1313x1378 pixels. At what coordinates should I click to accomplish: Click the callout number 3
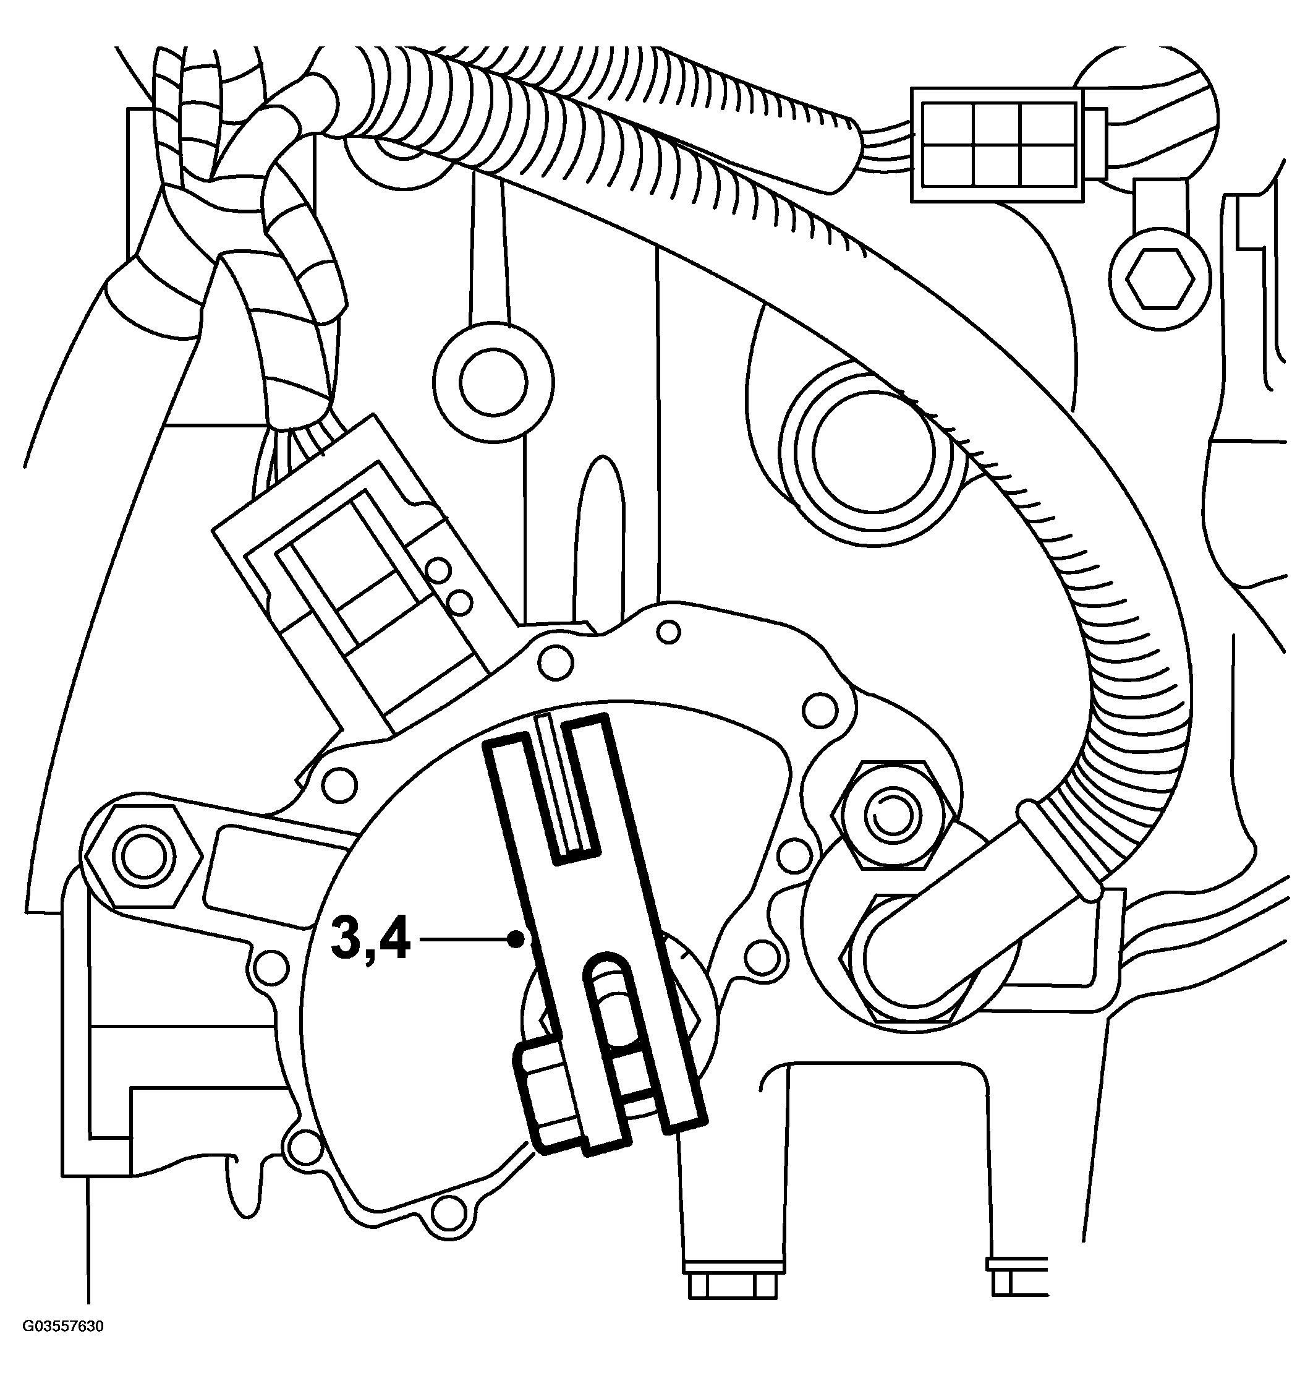point(349,939)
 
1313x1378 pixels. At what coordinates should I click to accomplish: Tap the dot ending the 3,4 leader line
point(516,939)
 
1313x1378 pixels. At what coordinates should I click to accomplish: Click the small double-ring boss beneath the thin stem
point(493,382)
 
